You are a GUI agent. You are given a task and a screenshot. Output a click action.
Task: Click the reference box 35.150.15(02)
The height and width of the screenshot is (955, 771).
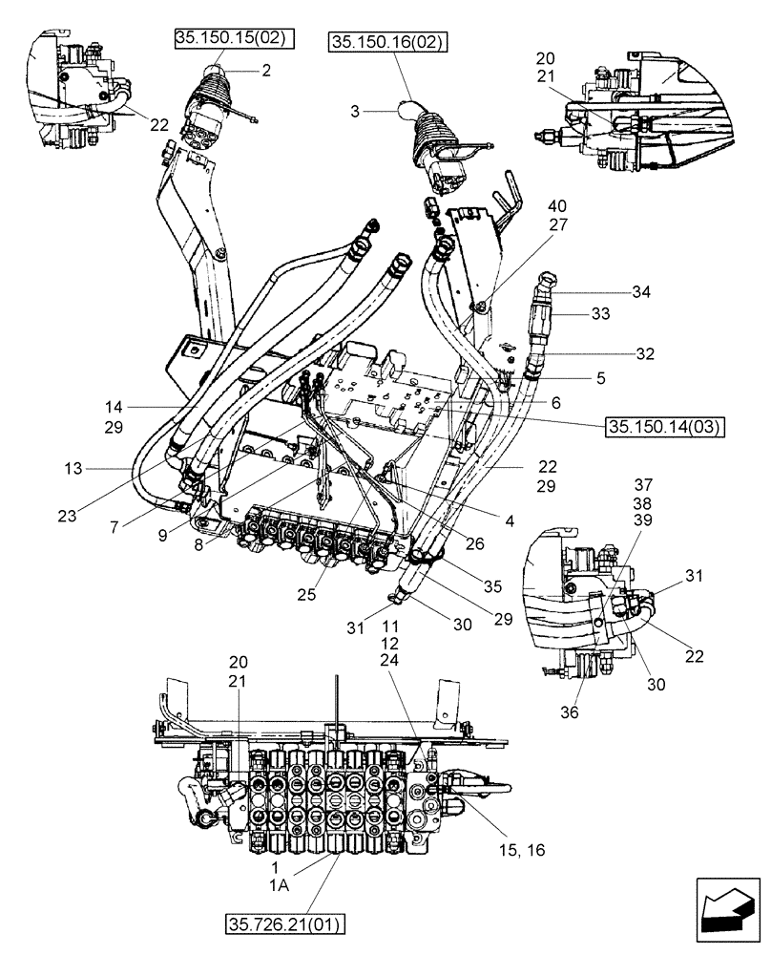click(x=233, y=38)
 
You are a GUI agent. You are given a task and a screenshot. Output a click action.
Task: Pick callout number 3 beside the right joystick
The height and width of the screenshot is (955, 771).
click(x=355, y=111)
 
